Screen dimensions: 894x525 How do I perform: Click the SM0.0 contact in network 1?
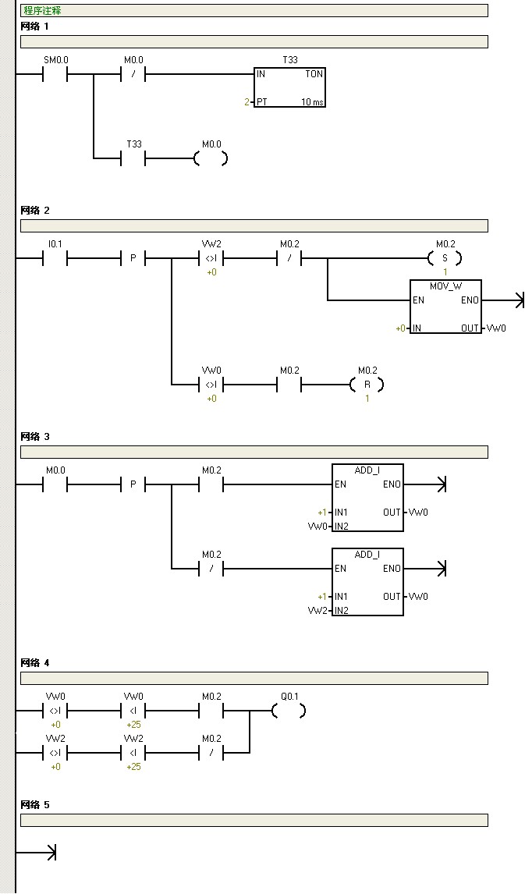click(55, 75)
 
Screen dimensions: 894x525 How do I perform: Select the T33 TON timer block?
click(289, 87)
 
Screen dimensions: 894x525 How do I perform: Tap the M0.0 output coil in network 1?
click(211, 159)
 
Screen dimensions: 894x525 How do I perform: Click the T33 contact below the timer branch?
click(133, 159)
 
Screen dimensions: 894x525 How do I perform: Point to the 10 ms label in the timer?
click(312, 102)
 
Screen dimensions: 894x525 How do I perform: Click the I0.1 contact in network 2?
click(55, 258)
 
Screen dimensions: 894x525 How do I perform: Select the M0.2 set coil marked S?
click(445, 258)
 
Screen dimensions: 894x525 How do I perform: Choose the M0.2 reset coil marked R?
click(367, 385)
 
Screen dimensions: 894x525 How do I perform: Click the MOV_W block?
click(445, 307)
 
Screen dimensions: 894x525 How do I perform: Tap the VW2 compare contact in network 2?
click(211, 258)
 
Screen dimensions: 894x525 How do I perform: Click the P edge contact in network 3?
click(133, 484)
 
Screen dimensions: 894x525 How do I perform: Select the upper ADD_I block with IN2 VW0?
click(367, 498)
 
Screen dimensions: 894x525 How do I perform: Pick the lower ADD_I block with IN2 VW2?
click(367, 582)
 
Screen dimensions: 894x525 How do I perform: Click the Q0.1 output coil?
click(289, 711)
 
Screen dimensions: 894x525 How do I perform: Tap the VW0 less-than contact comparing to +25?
click(133, 711)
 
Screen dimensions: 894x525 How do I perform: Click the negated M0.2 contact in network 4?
click(211, 753)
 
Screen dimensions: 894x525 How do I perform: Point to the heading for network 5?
click(35, 804)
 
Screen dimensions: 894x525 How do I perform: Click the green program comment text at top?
click(42, 11)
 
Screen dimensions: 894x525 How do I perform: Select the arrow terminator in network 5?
click(50, 853)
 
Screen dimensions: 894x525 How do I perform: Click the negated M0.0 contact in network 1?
click(133, 75)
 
